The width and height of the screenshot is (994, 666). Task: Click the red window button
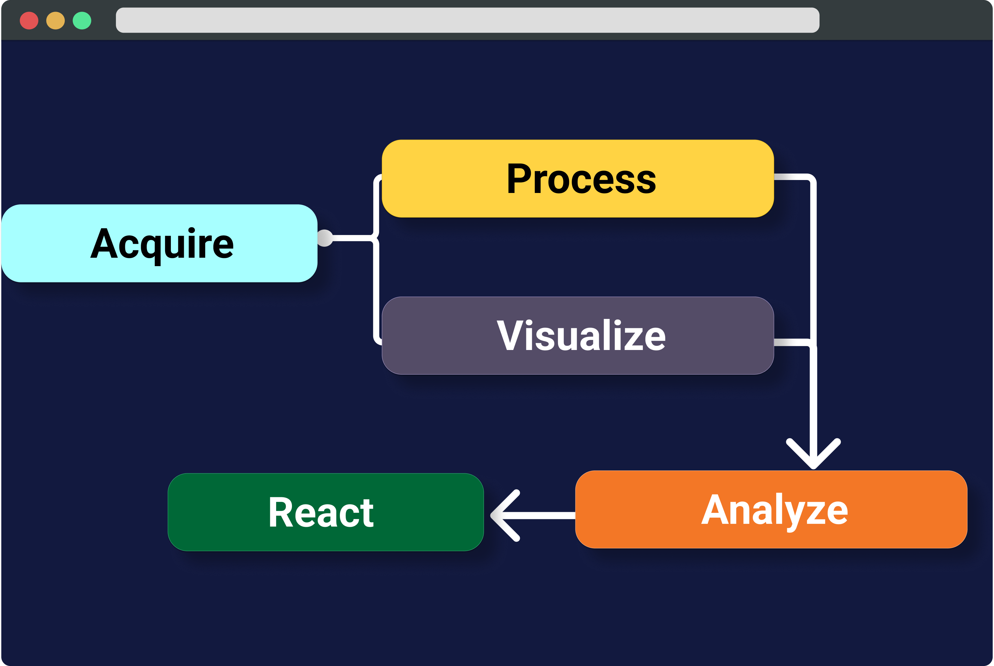tap(29, 20)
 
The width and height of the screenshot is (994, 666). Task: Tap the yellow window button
tap(56, 20)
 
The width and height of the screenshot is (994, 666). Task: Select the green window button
tap(82, 20)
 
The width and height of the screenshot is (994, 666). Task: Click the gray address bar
tap(467, 20)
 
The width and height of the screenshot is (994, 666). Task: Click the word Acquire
tap(162, 244)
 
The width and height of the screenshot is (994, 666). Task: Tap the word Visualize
tap(581, 335)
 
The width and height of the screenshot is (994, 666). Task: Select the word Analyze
tap(775, 510)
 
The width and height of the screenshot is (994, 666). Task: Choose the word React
tap(321, 512)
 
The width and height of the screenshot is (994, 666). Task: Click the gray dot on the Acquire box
tap(325, 238)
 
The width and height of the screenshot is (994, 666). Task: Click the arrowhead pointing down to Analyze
tap(813, 455)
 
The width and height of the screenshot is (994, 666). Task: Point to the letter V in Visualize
tap(509, 335)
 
